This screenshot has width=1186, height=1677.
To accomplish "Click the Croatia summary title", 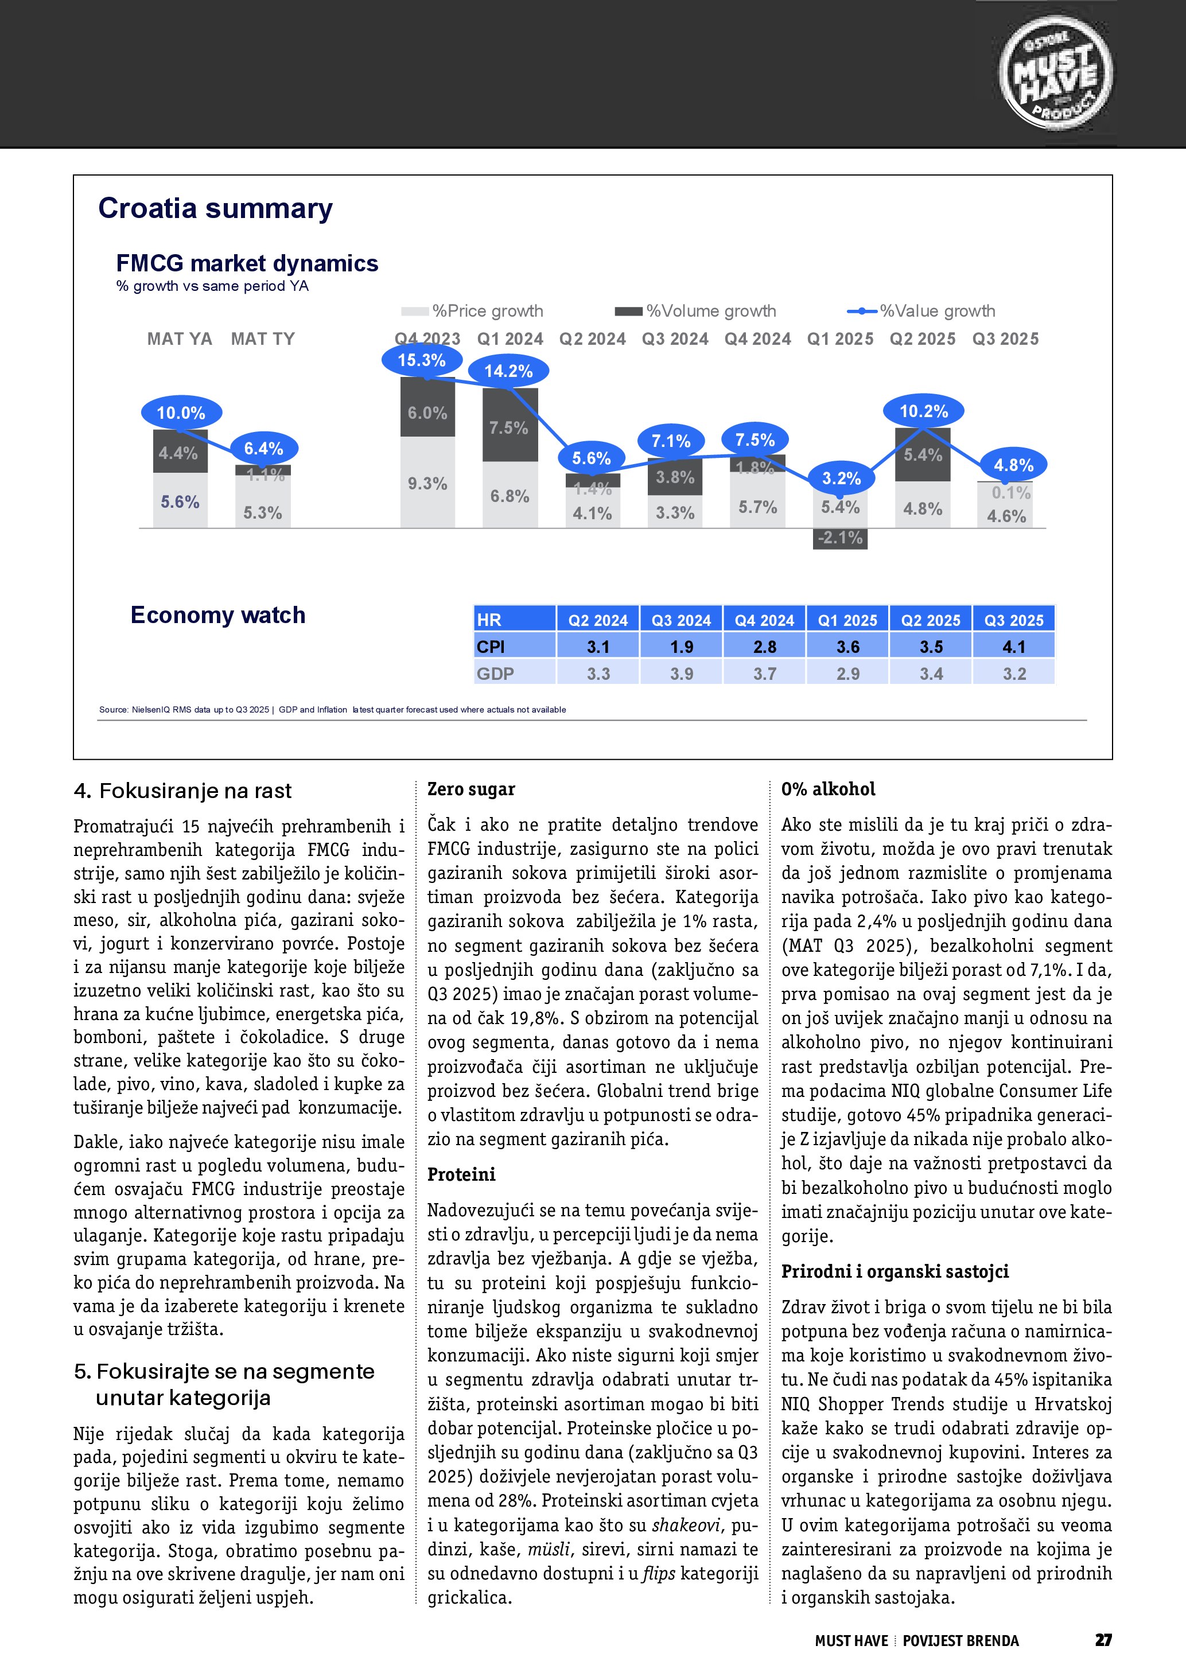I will pyautogui.click(x=215, y=208).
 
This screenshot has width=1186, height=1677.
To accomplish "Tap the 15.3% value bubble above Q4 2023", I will pyautogui.click(x=421, y=360).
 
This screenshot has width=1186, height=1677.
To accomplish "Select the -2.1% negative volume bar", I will pyautogui.click(x=840, y=538).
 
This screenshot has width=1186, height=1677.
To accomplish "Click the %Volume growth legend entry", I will pyautogui.click(x=695, y=311).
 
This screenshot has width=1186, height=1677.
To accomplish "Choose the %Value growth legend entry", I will pyautogui.click(x=921, y=311).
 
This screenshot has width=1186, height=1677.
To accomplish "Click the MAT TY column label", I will pyautogui.click(x=263, y=339).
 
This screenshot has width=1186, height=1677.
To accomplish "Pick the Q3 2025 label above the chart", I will pyautogui.click(x=1005, y=339).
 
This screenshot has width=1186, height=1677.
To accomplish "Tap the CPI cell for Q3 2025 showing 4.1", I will pyautogui.click(x=1014, y=647).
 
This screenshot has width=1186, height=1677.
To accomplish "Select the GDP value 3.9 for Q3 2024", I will pyautogui.click(x=682, y=674).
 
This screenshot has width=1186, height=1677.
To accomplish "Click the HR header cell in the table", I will pyautogui.click(x=514, y=620).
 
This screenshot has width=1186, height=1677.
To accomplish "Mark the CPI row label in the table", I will pyautogui.click(x=514, y=647).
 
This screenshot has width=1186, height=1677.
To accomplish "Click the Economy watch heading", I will pyautogui.click(x=217, y=615).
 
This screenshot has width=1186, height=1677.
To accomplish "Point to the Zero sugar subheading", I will pyautogui.click(x=471, y=789).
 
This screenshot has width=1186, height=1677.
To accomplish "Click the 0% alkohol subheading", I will pyautogui.click(x=828, y=789).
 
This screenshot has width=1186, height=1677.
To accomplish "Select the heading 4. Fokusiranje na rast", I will pyautogui.click(x=182, y=791).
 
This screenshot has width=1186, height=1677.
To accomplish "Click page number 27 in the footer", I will pyautogui.click(x=1103, y=1640).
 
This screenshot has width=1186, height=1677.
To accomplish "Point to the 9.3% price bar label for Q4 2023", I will pyautogui.click(x=427, y=484).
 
